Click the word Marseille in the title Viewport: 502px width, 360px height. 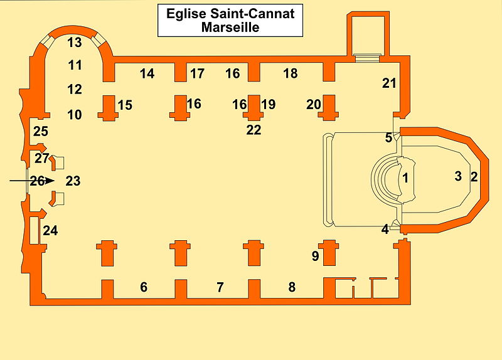click(x=230, y=28)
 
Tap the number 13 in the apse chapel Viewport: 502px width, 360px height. click(x=75, y=43)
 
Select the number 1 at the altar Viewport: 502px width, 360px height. click(x=405, y=178)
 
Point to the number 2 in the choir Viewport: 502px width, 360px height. click(x=474, y=176)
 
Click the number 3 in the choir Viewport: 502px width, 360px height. click(x=458, y=176)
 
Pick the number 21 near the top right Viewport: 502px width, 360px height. click(x=390, y=83)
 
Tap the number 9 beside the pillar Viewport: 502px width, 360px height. click(x=316, y=256)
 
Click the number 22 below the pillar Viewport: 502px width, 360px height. click(x=254, y=130)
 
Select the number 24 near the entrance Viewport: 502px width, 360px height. click(x=50, y=231)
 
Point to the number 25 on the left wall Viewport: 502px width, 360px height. click(x=41, y=132)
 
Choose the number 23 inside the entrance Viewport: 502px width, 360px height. click(x=73, y=181)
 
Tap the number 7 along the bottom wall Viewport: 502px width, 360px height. click(x=220, y=287)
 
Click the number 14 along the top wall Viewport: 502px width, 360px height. click(x=147, y=74)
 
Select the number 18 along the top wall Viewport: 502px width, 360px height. click(x=290, y=73)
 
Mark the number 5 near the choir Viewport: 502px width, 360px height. click(x=389, y=138)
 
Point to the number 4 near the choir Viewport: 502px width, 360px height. click(x=385, y=230)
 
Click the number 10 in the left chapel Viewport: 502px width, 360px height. click(x=75, y=115)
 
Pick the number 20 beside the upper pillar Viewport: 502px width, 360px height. click(x=314, y=105)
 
